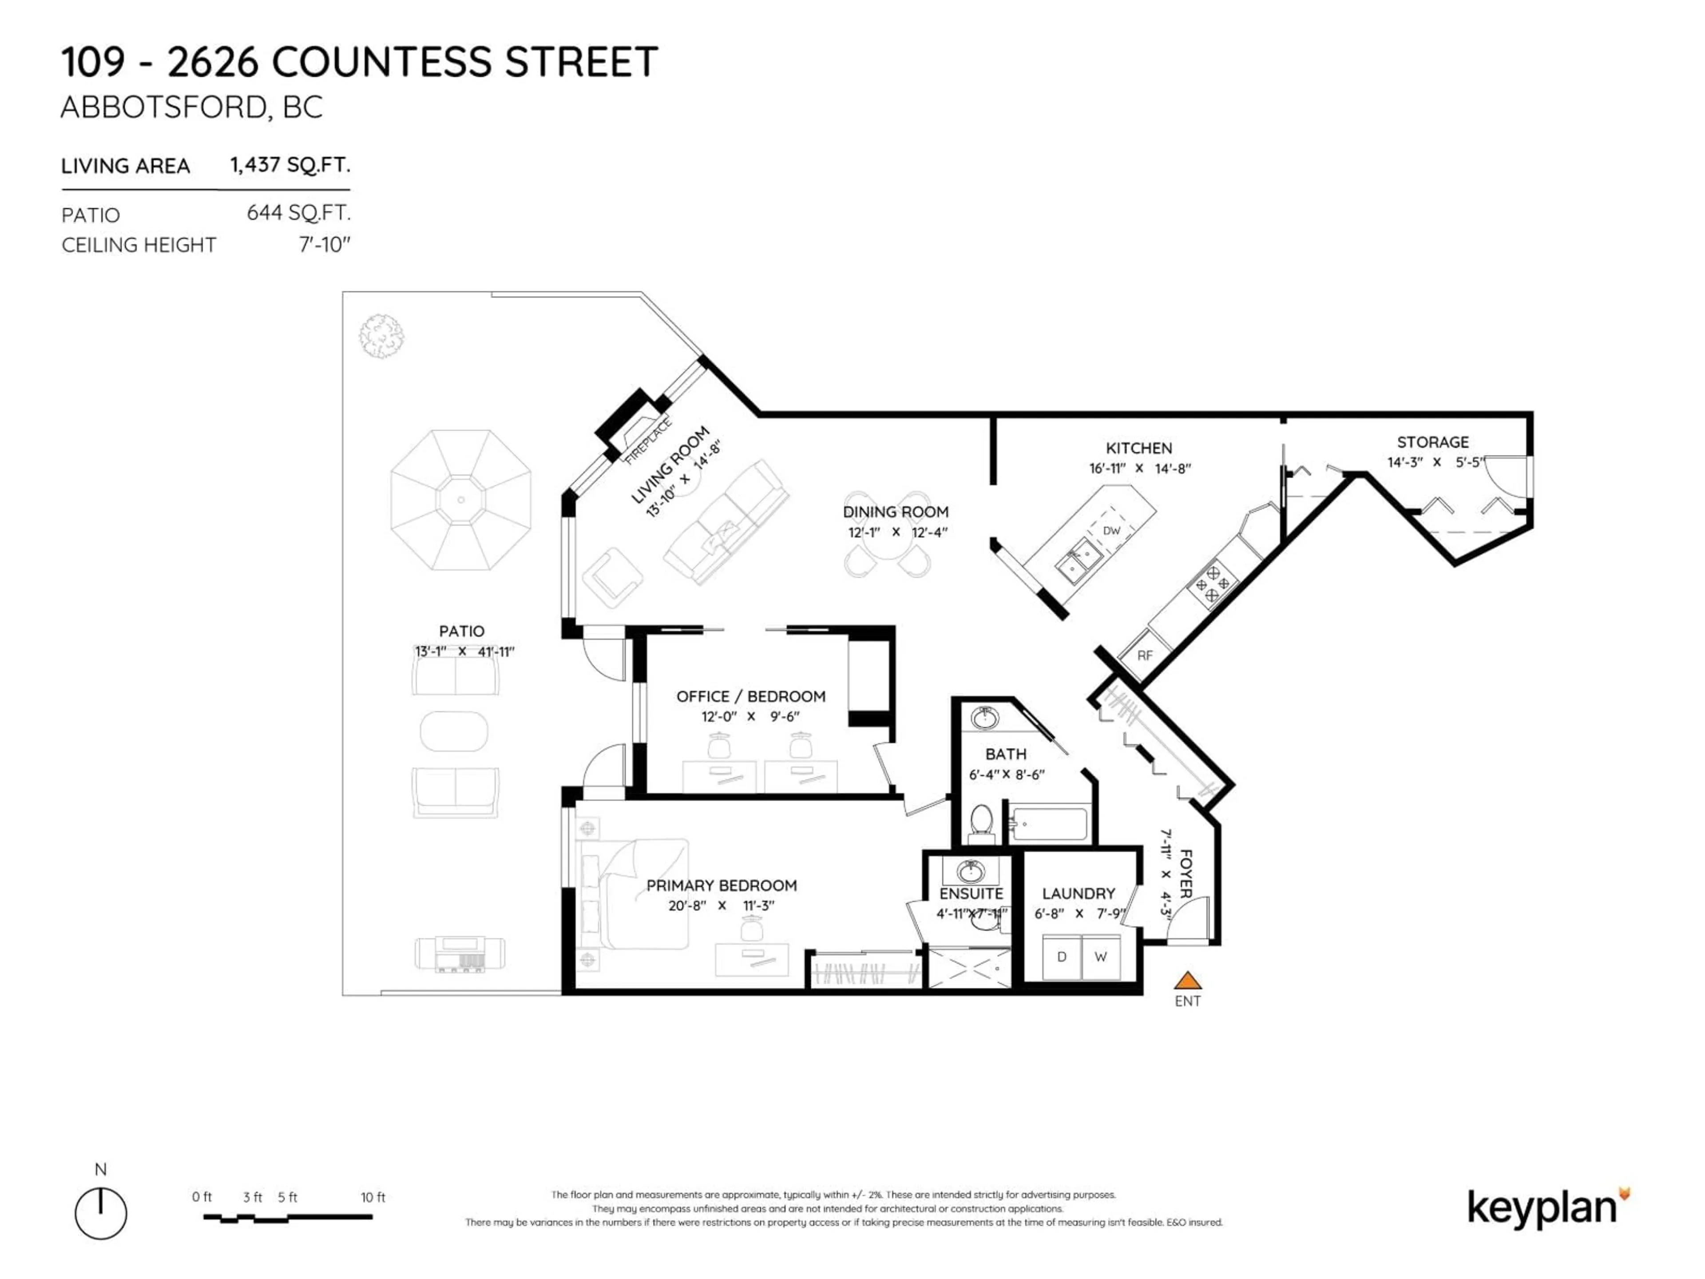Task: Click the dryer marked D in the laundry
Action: [x=1061, y=957]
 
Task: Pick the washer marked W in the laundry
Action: [x=1101, y=957]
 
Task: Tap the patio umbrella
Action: [x=461, y=500]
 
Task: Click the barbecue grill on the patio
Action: [x=460, y=953]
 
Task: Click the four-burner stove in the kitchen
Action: [x=1212, y=584]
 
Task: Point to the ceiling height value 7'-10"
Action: [x=325, y=245]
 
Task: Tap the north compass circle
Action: [x=101, y=1213]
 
